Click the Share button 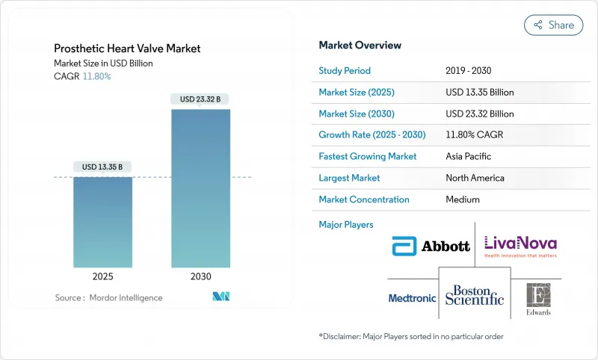(553, 25)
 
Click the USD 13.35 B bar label (103, 166)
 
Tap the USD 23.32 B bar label (200, 99)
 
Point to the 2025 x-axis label (103, 276)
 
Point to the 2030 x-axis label (200, 276)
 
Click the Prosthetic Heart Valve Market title (127, 49)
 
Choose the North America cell (475, 178)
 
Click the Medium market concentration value (463, 199)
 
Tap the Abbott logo (431, 245)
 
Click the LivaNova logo (520, 245)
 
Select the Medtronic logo (412, 298)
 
